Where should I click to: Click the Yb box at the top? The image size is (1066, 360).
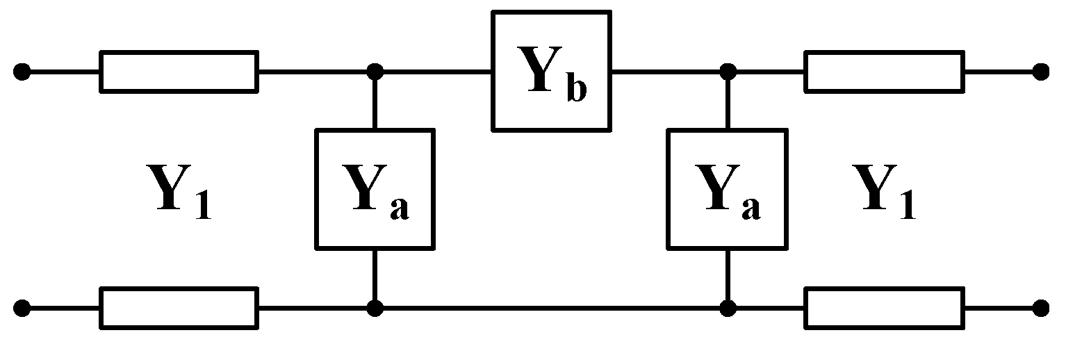coord(551,71)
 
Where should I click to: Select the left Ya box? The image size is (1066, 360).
coord(375,188)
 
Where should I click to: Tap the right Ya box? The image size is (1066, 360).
coord(727,188)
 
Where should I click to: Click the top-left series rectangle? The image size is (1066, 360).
coord(179,71)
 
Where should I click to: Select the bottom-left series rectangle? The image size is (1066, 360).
coord(179,307)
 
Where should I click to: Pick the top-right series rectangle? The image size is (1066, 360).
coord(884,71)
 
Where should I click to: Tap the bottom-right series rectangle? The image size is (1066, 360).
coord(884,307)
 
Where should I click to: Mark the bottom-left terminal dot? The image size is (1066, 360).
coord(23,307)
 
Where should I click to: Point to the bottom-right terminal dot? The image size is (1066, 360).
coord(1040,307)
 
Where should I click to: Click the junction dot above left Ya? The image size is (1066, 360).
coord(375,71)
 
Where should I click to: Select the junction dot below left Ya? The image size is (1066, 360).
coord(375,307)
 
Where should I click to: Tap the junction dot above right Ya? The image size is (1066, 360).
coord(728,71)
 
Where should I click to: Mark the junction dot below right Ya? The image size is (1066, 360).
coord(728,307)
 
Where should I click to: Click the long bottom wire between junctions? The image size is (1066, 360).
coord(551,307)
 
